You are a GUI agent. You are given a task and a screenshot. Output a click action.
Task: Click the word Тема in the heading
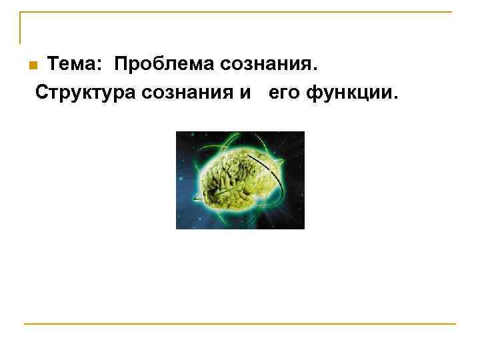click(x=73, y=65)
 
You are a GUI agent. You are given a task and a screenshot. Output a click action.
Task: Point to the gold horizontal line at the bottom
click(x=240, y=324)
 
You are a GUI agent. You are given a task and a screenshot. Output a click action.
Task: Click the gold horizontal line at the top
click(x=240, y=12)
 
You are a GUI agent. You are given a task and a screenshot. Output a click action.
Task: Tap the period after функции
click(x=395, y=95)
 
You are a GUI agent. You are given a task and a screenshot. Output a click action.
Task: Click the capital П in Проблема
click(x=120, y=65)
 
